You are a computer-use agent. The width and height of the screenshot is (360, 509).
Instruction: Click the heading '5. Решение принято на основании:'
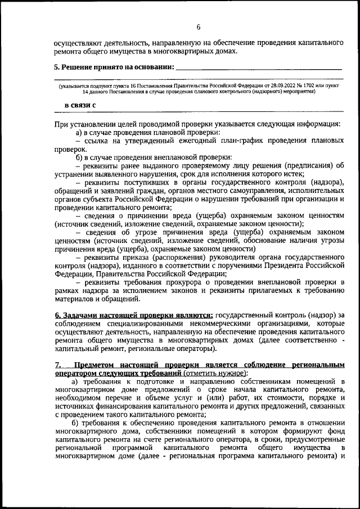pos(114,67)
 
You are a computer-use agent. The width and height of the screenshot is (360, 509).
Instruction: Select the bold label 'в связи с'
pos(80,105)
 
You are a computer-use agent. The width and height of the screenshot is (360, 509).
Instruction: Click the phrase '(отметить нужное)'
pos(214,373)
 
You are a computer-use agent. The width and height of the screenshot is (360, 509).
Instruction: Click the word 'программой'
pos(130,448)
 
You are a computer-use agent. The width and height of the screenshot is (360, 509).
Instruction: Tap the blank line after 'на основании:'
pos(259,67)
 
